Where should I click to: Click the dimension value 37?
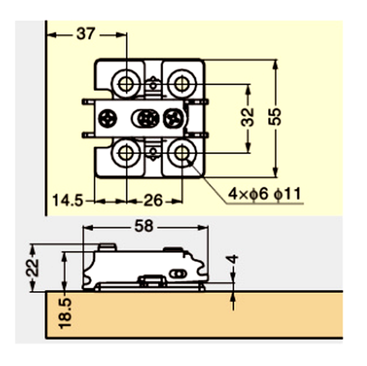point(86,34)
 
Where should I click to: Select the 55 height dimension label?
point(275,117)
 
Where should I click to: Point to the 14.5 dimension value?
point(68,200)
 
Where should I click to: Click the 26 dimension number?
point(153,200)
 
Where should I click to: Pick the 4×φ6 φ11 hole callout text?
point(264,194)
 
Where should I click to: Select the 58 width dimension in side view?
point(144,226)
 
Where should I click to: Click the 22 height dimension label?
point(33,268)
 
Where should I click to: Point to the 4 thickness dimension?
point(232,260)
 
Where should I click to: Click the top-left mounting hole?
point(126,84)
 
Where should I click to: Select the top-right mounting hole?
point(182,84)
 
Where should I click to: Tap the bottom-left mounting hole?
point(126,153)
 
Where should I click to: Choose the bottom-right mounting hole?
point(182,153)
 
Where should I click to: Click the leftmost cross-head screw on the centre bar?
point(107,118)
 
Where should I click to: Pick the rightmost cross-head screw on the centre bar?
point(173,118)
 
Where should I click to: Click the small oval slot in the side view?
point(178,274)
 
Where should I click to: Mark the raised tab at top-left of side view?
point(107,247)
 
